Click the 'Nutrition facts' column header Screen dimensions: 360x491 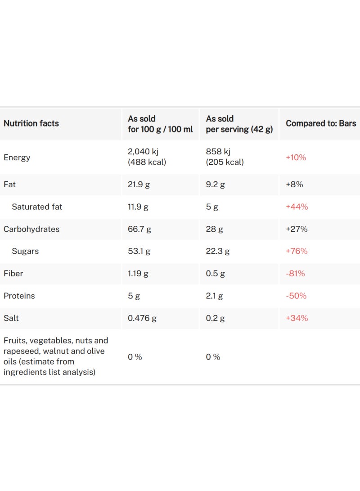point(31,123)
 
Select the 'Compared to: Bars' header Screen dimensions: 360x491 point(321,123)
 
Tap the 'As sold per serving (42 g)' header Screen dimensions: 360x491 point(239,124)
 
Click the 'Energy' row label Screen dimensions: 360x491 point(17,158)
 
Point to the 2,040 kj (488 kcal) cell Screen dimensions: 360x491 point(147,157)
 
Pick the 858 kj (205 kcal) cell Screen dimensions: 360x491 point(225,157)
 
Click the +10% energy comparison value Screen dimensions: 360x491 point(296,157)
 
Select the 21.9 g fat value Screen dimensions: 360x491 point(139,185)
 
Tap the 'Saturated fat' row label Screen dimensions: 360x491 point(37,207)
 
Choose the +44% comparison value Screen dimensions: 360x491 point(297,207)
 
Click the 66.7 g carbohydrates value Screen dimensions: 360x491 point(139,229)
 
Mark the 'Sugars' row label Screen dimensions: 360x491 point(25,251)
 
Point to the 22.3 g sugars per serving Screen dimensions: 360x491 point(217,251)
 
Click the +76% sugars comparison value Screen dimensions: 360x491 point(297,251)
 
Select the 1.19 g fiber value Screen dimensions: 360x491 point(138,274)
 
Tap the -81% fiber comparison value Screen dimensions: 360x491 point(295,274)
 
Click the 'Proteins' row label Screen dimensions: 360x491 point(19,296)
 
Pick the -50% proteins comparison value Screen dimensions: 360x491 point(296,296)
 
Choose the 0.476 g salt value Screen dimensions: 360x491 point(142,318)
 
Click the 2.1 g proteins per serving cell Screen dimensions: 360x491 point(215,296)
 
